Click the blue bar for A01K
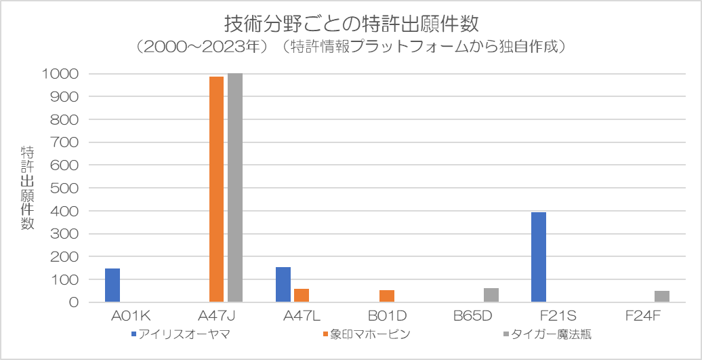pyautogui.click(x=112, y=285)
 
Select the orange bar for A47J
pyautogui.click(x=216, y=189)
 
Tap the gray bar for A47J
pyautogui.click(x=235, y=188)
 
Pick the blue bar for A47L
pyautogui.click(x=283, y=285)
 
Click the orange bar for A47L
pyautogui.click(x=302, y=296)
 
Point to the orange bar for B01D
pyautogui.click(x=387, y=296)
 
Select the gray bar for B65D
pyautogui.click(x=491, y=295)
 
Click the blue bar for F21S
pyautogui.click(x=539, y=257)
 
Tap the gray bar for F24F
pyautogui.click(x=662, y=296)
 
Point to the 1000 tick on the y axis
pyautogui.click(x=62, y=74)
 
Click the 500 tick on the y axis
pyautogui.click(x=66, y=188)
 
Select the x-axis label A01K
pyautogui.click(x=131, y=316)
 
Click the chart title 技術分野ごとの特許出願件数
pyautogui.click(x=351, y=24)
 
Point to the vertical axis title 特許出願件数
pyautogui.click(x=28, y=188)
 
